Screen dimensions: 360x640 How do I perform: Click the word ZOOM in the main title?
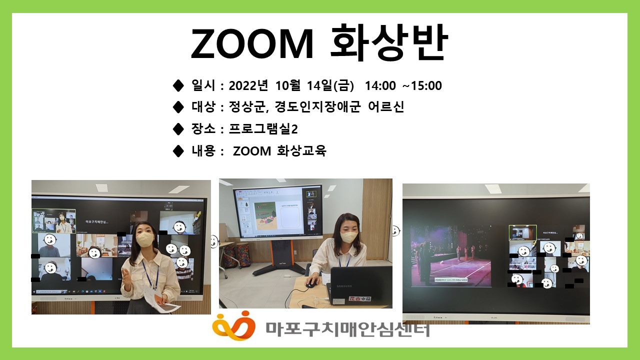pyautogui.click(x=252, y=44)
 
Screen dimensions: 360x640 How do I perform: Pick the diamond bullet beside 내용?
pyautogui.click(x=178, y=150)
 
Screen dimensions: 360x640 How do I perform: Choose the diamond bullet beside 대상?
pyautogui.click(x=178, y=107)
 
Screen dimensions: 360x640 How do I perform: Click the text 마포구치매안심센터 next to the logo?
pyautogui.click(x=347, y=328)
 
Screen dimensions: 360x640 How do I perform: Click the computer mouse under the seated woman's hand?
pyautogui.click(x=311, y=283)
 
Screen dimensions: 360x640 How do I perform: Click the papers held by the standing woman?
pyautogui.click(x=165, y=303)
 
